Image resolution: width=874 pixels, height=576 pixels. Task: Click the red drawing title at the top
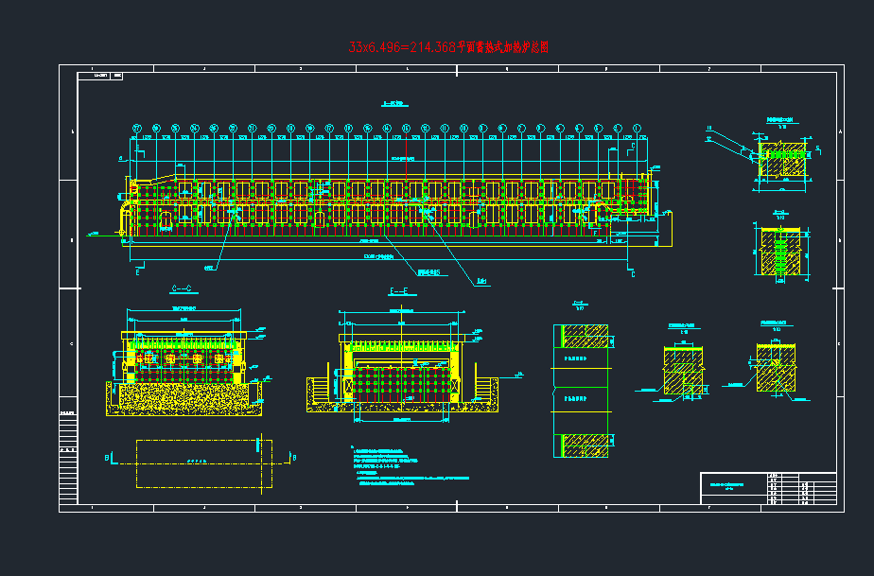click(448, 46)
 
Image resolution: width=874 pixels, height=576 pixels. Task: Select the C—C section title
click(182, 288)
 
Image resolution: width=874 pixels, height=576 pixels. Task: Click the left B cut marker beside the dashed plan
click(108, 459)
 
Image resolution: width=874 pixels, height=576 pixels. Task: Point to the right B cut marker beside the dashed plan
click(295, 459)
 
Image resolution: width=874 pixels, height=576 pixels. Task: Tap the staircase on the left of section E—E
click(322, 389)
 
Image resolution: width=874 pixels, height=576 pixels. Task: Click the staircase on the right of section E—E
click(486, 389)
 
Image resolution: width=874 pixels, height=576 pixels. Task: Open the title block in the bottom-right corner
click(768, 489)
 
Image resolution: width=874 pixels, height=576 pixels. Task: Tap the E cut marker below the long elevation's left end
click(139, 272)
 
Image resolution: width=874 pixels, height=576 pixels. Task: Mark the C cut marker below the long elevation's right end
click(632, 273)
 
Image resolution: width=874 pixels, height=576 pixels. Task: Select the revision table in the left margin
click(67, 436)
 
